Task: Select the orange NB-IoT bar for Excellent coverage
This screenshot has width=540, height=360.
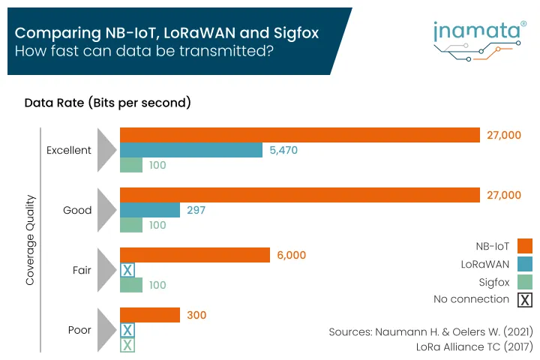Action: (300, 135)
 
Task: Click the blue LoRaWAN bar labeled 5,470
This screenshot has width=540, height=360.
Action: (191, 150)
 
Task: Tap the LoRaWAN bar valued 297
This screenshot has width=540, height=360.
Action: (150, 210)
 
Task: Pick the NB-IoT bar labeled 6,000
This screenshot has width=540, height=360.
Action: (195, 255)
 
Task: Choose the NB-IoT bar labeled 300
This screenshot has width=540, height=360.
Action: (150, 315)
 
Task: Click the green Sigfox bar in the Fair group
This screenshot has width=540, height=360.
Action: (131, 285)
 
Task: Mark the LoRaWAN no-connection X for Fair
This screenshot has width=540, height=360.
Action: (127, 270)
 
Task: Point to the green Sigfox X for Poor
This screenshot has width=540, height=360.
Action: (127, 345)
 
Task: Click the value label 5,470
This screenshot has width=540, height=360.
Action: (283, 150)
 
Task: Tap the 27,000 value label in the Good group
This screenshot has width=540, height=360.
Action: (504, 195)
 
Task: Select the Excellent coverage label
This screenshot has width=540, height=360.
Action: (69, 150)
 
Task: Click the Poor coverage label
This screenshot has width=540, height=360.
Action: (79, 330)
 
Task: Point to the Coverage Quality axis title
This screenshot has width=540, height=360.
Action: (31, 240)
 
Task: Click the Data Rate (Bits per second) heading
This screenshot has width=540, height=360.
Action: (108, 103)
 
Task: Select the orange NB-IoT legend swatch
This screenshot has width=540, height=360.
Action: (525, 245)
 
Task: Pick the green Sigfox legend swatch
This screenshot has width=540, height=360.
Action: (525, 281)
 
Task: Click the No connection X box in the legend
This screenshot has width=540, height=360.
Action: (525, 300)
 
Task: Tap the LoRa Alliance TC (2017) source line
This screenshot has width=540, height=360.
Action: (474, 346)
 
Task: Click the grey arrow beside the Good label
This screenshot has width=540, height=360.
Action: (107, 210)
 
